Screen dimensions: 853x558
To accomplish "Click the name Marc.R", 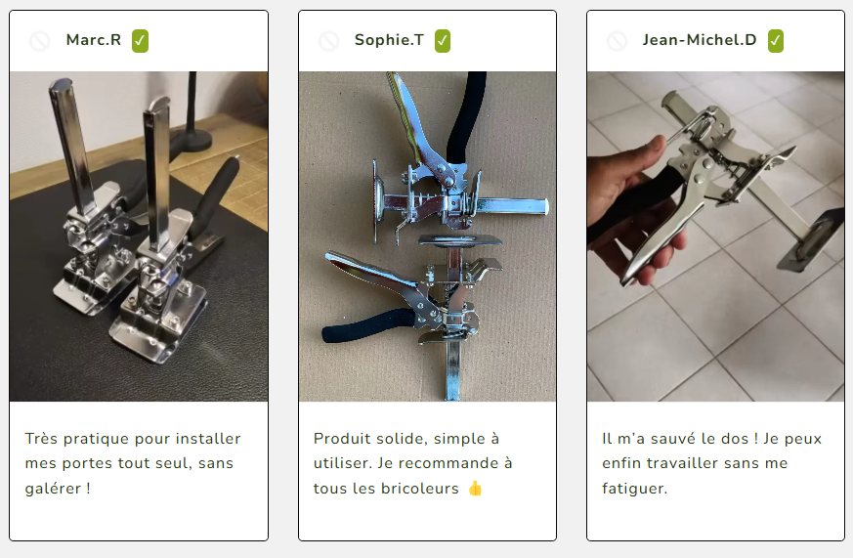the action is (94, 40).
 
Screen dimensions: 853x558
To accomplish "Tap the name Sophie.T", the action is (389, 40).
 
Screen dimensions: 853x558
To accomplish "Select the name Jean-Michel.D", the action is (699, 40).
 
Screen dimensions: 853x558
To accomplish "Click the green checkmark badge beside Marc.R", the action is (140, 41).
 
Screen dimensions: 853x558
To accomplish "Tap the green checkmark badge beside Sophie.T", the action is (443, 41).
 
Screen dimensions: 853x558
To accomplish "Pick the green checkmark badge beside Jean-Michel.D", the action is (776, 41).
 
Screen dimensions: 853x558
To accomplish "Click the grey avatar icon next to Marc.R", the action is (40, 41).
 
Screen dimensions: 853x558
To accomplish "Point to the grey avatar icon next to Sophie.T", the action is (328, 41).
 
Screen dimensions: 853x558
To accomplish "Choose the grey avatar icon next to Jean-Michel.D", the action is (617, 41).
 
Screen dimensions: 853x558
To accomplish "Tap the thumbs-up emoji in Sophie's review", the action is (475, 489).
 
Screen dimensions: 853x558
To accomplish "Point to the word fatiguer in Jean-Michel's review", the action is (632, 489).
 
